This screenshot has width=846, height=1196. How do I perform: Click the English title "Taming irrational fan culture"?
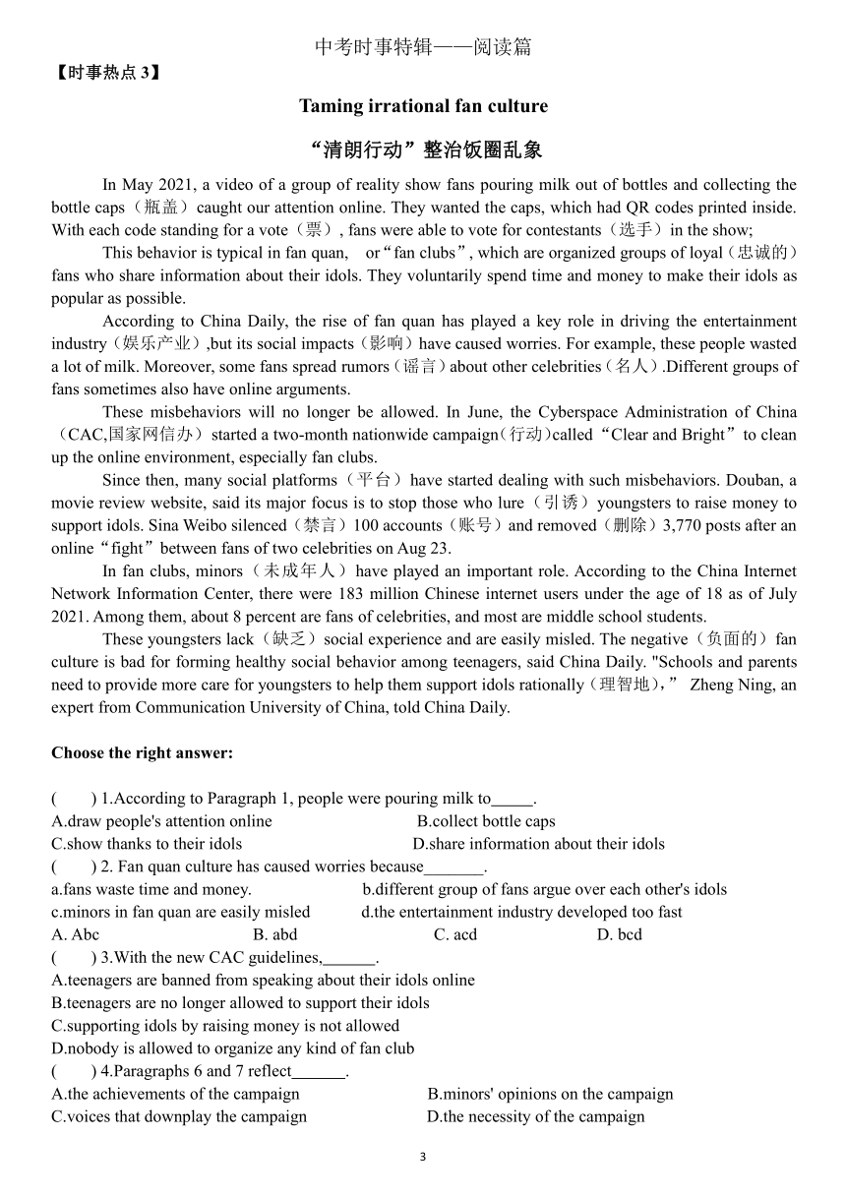[423, 106]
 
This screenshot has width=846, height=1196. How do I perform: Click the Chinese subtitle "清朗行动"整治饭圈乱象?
[423, 149]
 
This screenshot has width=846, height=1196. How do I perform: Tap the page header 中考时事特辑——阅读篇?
[423, 47]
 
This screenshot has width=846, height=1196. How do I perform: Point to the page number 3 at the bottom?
[423, 1157]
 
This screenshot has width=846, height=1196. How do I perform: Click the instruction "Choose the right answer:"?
[142, 753]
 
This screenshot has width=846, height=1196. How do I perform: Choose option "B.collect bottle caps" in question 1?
[486, 821]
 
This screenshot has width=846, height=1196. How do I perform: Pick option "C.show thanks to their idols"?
[147, 844]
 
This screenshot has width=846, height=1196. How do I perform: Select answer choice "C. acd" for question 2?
[455, 934]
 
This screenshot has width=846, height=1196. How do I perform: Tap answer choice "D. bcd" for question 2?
[619, 934]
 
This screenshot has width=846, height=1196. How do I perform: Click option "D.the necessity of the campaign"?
[535, 1116]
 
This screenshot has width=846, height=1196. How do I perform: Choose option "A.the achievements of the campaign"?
[175, 1094]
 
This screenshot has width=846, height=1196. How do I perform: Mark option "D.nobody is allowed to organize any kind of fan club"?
[233, 1048]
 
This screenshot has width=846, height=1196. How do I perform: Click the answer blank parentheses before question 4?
[73, 1071]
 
